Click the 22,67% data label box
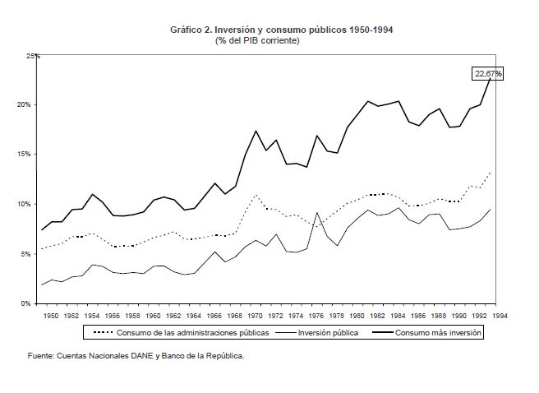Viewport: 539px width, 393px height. (488, 74)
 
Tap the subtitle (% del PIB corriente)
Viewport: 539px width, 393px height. (257, 40)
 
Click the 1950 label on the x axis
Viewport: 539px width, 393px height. (51, 315)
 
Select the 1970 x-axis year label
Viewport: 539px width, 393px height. (257, 315)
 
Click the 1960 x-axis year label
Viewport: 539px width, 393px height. (154, 315)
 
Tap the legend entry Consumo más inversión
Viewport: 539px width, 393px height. (438, 333)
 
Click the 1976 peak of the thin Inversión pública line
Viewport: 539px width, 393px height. (317, 213)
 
